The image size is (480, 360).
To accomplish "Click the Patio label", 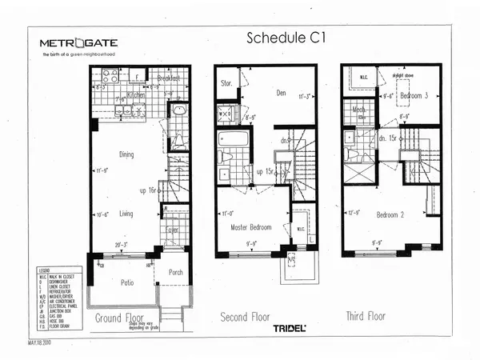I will point(122,283).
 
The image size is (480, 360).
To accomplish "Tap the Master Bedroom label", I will point(250,227).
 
